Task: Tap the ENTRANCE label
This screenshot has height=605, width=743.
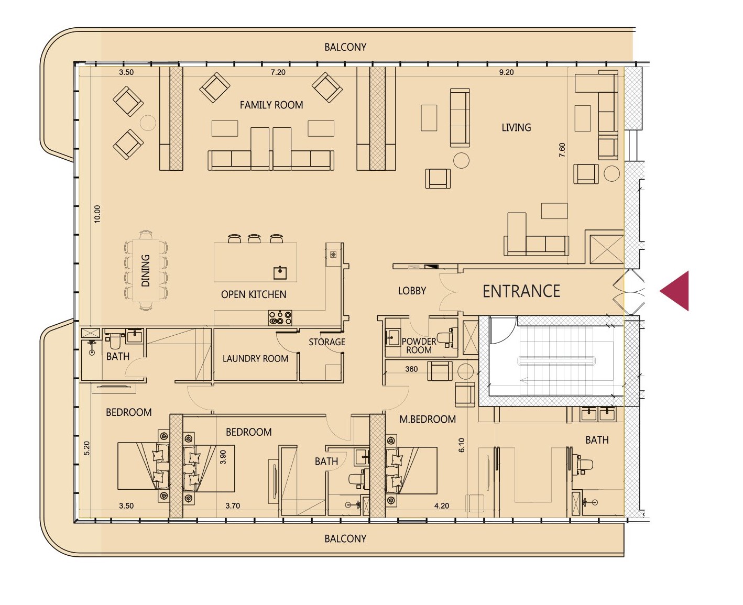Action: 521,291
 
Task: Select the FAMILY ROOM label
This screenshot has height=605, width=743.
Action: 271,105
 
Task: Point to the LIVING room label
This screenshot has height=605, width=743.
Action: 516,128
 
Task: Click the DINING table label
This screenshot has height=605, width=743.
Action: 146,270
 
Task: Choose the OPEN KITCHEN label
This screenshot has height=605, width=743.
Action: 254,294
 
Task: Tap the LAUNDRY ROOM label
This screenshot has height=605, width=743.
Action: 255,358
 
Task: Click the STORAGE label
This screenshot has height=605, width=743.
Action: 327,342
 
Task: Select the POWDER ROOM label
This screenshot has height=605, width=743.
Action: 419,346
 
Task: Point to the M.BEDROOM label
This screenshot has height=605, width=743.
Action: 428,419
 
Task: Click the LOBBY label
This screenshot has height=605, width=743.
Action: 412,291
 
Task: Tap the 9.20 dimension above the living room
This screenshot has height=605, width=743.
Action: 506,72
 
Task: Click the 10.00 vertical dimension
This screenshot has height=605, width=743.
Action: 97,214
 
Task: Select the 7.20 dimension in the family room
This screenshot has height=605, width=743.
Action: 278,72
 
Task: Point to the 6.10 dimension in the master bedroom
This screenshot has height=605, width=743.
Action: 462,445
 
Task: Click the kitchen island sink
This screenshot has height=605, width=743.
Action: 280,273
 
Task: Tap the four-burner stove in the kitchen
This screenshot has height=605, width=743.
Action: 280,317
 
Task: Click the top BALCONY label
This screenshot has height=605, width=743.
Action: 345,47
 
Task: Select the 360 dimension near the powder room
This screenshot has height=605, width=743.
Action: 411,369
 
